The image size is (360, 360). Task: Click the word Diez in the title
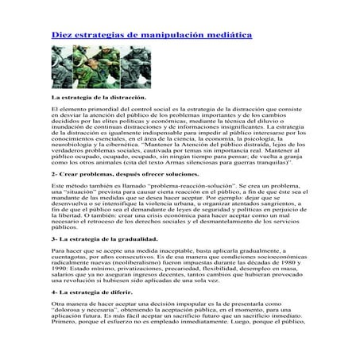coord(64,37)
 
